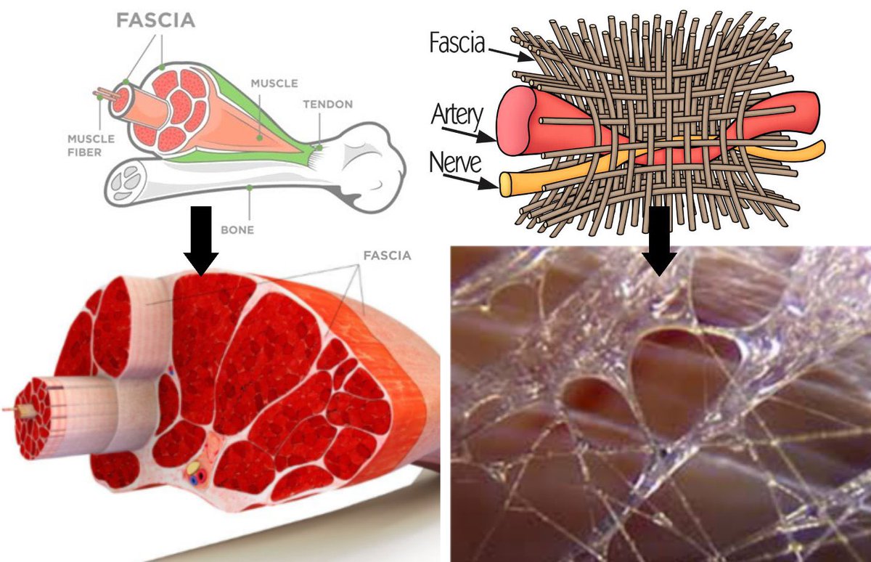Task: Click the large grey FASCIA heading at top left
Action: click(x=156, y=20)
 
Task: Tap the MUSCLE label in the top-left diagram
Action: click(x=274, y=84)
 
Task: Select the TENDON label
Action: click(x=328, y=104)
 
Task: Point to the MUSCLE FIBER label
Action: click(x=85, y=144)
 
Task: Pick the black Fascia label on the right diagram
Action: click(x=457, y=43)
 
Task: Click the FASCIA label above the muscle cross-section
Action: click(x=387, y=256)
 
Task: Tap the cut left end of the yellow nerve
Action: click(x=505, y=184)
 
